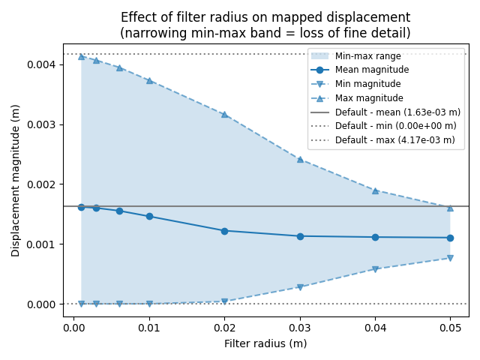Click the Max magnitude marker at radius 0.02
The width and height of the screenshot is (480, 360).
(x=224, y=114)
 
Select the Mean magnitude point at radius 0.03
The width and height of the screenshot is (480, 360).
(x=300, y=236)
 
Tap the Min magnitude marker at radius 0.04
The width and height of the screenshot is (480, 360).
(x=375, y=268)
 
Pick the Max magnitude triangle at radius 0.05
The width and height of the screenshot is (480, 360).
(x=450, y=207)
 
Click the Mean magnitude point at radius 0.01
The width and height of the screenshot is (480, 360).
(x=149, y=216)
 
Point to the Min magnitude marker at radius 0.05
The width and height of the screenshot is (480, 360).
(x=450, y=258)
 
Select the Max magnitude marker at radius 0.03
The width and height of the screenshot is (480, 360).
(x=300, y=159)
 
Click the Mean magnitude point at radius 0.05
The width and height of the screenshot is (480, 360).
(x=450, y=238)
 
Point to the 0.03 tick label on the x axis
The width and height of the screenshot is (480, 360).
(x=300, y=328)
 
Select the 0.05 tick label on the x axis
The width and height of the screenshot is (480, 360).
(x=450, y=328)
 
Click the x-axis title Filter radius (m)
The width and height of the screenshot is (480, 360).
(x=265, y=343)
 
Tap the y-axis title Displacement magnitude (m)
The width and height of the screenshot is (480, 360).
(x=16, y=180)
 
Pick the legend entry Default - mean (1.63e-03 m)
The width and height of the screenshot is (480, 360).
(x=397, y=112)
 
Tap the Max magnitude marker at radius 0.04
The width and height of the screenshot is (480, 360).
(x=375, y=190)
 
